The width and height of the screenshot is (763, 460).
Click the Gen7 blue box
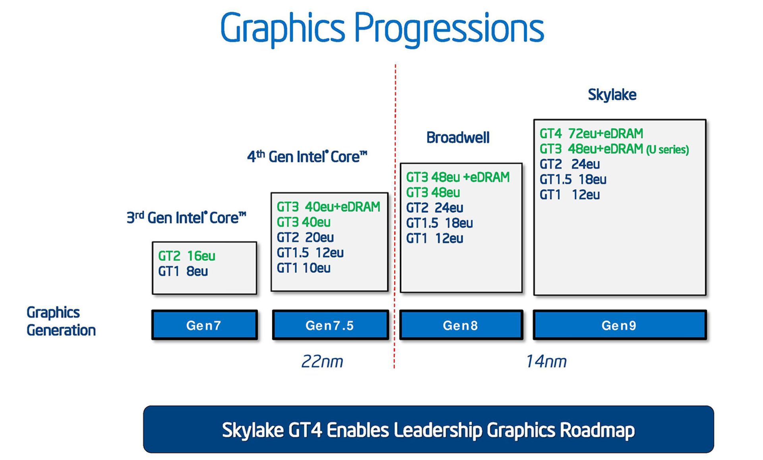[x=204, y=325]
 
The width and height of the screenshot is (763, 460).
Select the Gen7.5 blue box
[x=330, y=325]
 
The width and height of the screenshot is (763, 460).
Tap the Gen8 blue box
[x=461, y=325]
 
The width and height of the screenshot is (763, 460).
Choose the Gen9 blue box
[x=620, y=325]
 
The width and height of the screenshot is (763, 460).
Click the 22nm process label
[x=322, y=361]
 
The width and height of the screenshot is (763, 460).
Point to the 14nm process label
[x=546, y=361]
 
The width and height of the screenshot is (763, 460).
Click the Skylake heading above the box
[x=612, y=95]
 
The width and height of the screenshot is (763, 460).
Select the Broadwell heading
[x=458, y=138]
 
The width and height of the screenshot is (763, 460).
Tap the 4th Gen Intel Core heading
[x=307, y=156]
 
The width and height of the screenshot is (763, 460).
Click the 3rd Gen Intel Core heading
[x=186, y=217]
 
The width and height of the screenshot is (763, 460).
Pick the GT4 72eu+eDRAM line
[x=591, y=133]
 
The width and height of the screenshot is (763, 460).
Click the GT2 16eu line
[x=187, y=256]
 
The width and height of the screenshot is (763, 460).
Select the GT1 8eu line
[x=183, y=271]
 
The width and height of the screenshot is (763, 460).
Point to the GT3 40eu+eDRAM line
[x=329, y=207]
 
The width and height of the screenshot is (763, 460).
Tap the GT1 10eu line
[x=304, y=268]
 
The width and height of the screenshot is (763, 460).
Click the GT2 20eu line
[x=305, y=237]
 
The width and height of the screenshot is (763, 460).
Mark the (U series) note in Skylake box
[x=668, y=149]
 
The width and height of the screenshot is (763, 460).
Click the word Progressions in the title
[x=449, y=28]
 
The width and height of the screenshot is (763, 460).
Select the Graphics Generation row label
[x=61, y=321]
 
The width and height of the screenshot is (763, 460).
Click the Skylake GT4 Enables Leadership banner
[x=428, y=429]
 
